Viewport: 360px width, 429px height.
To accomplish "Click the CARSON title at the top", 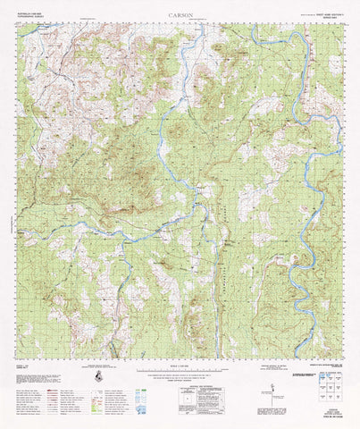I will [180, 15].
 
